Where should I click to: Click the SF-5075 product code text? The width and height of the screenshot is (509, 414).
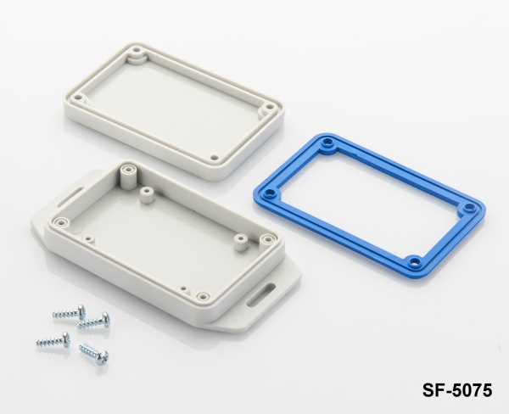456,390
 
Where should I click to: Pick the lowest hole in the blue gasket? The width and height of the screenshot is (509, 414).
415,260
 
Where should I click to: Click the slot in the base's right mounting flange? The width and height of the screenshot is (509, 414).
261,294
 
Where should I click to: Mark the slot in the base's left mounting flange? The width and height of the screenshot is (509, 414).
70,195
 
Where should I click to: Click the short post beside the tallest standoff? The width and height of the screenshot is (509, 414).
146,195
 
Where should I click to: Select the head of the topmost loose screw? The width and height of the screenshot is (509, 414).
81,311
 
